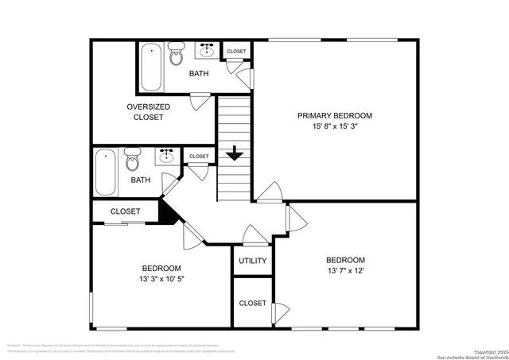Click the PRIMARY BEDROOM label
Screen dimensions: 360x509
point(335,115)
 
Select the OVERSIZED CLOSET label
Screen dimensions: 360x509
point(145,111)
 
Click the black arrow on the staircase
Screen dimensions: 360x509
point(234,153)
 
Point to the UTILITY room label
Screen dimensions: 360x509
point(253,261)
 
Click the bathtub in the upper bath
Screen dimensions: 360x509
point(152,68)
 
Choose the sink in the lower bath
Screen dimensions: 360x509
point(167,156)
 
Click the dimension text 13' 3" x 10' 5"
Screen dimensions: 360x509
point(161,280)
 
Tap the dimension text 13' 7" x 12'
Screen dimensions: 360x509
point(345,272)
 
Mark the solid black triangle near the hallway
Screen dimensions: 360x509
point(168,211)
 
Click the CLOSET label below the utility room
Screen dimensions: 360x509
point(253,303)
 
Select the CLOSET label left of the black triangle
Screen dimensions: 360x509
point(125,211)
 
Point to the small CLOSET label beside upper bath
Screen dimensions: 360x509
point(236,52)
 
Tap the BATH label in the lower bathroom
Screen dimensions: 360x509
point(141,180)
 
